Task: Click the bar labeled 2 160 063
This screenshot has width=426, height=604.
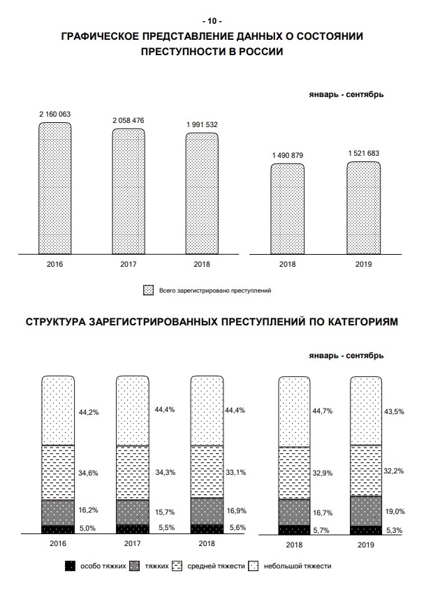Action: tap(54, 189)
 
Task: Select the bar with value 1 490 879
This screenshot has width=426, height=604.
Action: tap(287, 209)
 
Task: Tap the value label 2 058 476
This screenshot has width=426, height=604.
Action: tap(128, 121)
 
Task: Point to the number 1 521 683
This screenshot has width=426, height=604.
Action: tap(364, 154)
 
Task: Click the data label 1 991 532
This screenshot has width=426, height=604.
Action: tap(202, 125)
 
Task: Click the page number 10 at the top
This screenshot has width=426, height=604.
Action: tap(212, 21)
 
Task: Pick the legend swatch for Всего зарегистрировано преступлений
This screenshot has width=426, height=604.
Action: tap(148, 290)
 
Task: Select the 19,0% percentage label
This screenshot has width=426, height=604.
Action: tap(395, 512)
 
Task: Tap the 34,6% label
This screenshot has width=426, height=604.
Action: tap(88, 473)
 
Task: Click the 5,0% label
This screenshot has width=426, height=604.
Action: tap(87, 528)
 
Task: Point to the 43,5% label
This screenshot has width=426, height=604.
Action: tap(394, 411)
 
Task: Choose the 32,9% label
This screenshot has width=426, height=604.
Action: tap(323, 473)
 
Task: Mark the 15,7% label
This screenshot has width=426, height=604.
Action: tap(165, 512)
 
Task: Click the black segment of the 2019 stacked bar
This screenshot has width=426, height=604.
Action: tap(366, 531)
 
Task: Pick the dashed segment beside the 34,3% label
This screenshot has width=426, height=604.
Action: tap(133, 473)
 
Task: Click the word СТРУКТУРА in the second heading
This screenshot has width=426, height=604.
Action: tap(55, 322)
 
